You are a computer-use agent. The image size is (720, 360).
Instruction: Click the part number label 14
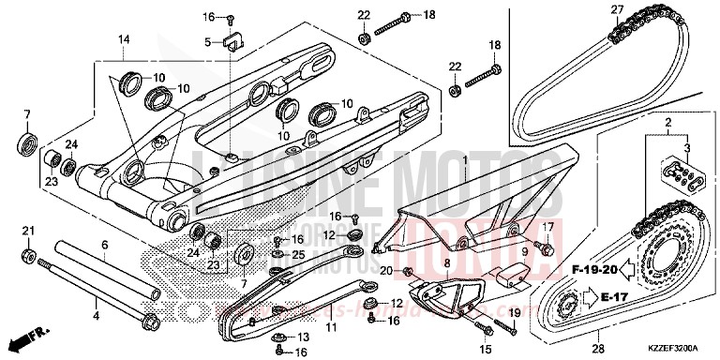point(122,38)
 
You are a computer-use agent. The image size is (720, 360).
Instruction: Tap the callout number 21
point(28,231)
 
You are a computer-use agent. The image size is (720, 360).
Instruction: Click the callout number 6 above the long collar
point(105,245)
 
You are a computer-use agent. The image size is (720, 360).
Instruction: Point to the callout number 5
point(209,41)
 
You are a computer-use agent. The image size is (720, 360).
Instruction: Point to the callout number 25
point(299,255)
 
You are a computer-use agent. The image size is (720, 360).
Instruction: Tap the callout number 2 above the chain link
point(669,124)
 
